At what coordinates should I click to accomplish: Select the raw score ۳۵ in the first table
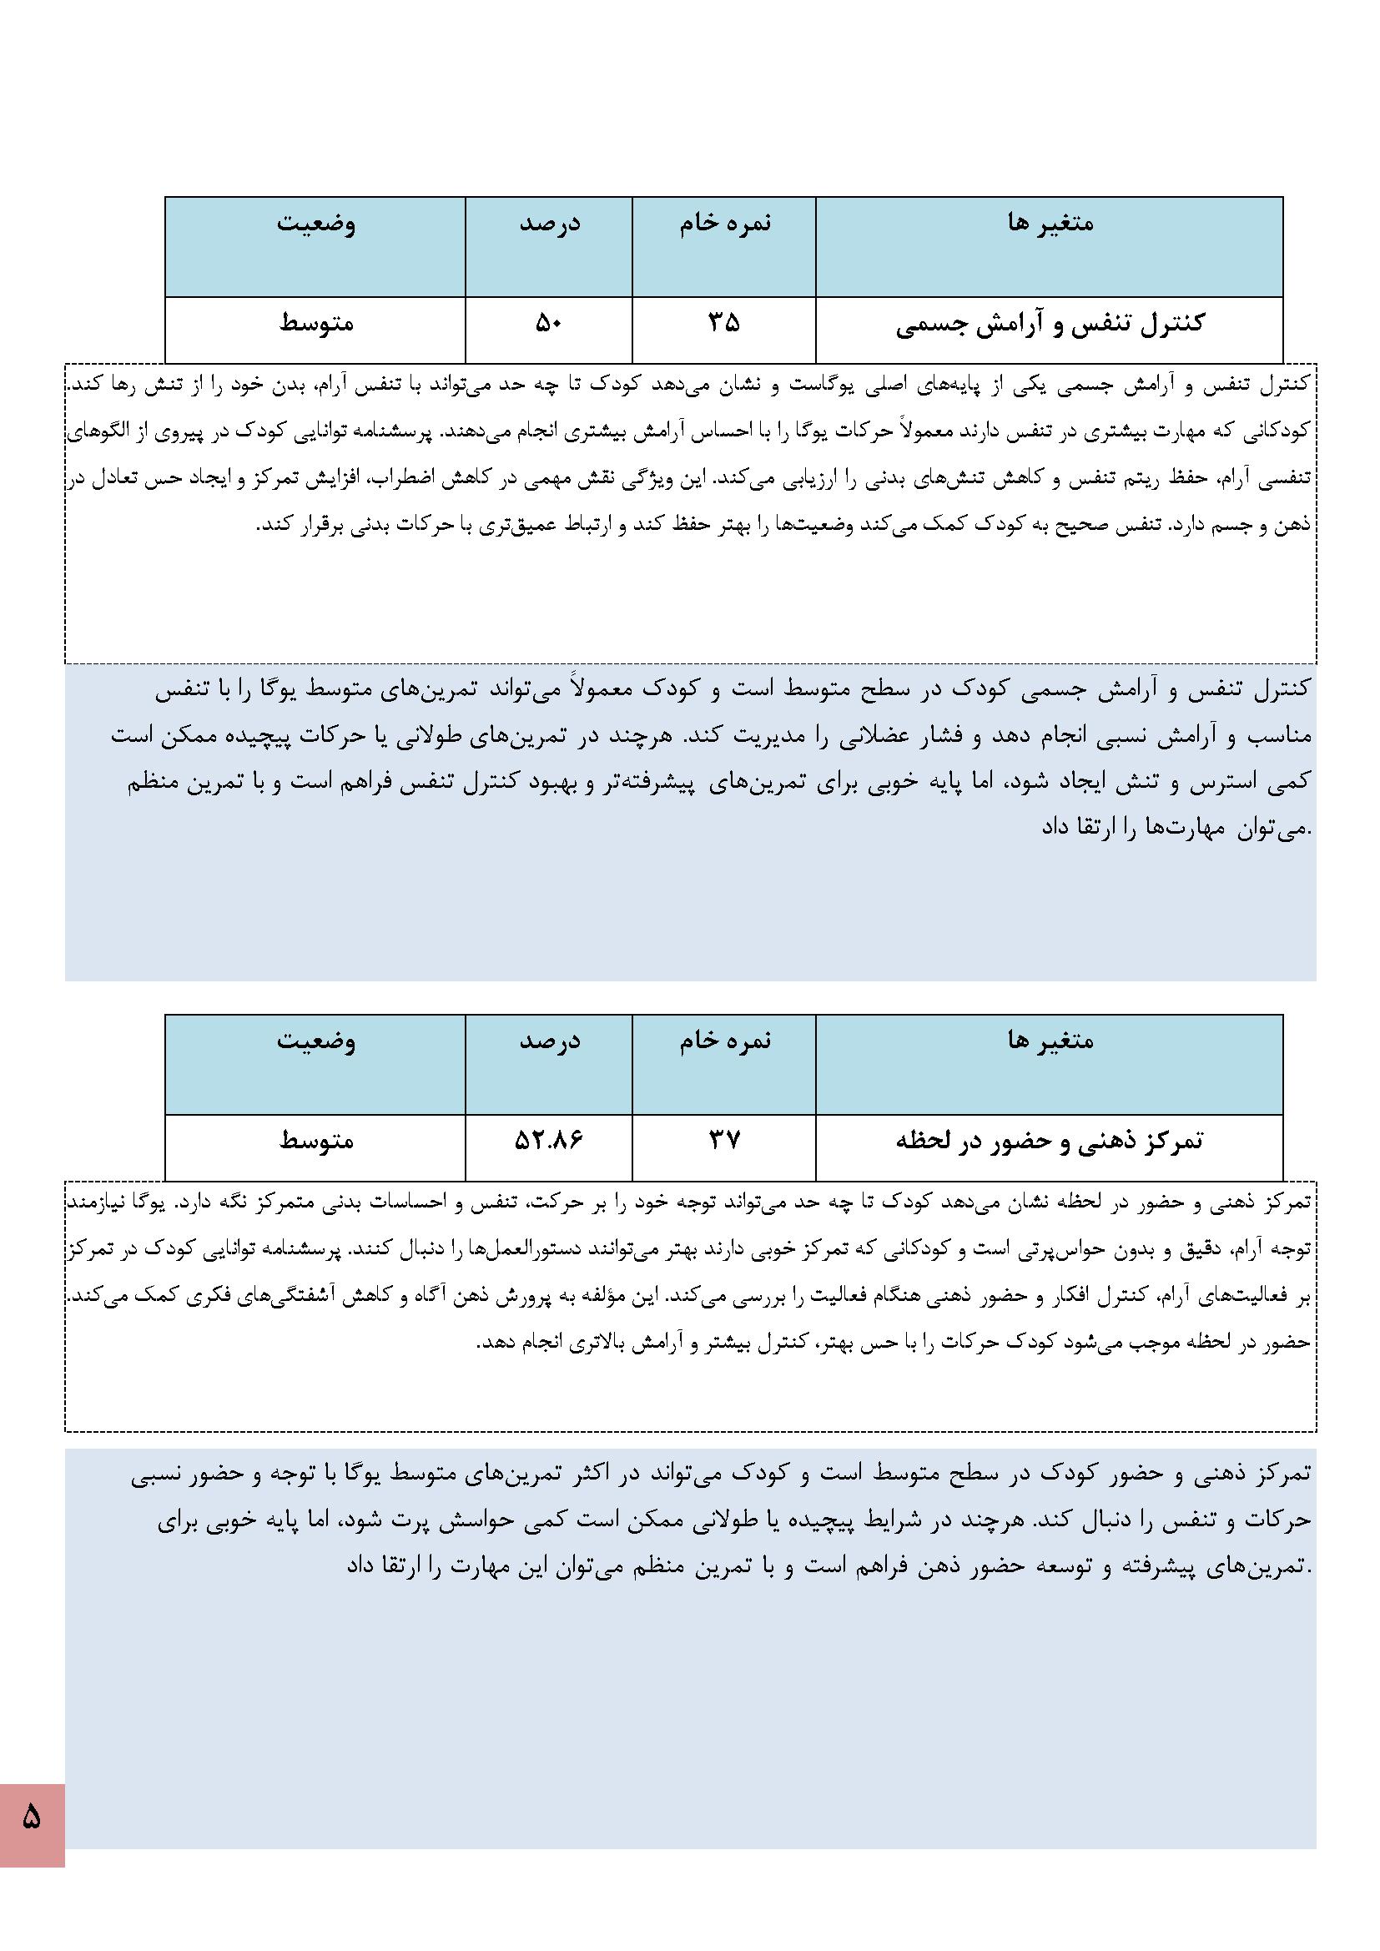724,324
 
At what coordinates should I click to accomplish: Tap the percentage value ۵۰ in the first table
549,324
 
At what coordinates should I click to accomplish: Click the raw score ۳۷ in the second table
724,1141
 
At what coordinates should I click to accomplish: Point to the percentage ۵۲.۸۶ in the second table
549,1141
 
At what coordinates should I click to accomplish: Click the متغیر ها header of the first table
1050,224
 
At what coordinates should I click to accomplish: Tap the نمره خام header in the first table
725,224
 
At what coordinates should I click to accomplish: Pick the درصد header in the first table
550,224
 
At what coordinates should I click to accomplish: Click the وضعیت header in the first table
316,224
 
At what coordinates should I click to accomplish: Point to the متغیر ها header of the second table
1050,1041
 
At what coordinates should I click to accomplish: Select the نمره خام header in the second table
725,1041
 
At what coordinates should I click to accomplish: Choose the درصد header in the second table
550,1041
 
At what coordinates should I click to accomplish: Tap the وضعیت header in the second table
316,1041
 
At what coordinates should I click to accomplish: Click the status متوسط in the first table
316,324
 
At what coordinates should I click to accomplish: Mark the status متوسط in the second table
316,1141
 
